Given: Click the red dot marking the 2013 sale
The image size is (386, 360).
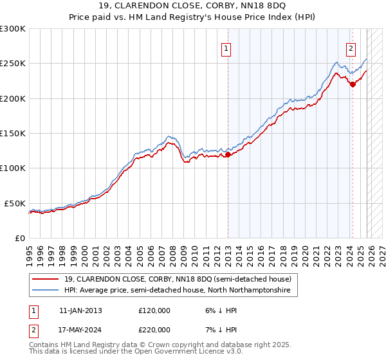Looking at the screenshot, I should pos(228,154).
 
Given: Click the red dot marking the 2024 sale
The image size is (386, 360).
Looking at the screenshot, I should pos(353,84).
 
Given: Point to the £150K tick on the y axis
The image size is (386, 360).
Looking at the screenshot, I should pos(13,133).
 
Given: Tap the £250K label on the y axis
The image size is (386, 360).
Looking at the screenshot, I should pos(13,64).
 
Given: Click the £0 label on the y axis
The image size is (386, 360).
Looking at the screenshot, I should pos(19,238).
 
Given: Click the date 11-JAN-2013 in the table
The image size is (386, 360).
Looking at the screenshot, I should pos(80,310).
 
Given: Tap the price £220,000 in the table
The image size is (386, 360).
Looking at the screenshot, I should pos(154,329).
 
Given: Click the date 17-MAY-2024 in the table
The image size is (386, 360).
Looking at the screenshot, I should pos(80,329).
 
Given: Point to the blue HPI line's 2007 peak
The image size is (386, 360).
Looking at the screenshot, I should pos(169,136).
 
